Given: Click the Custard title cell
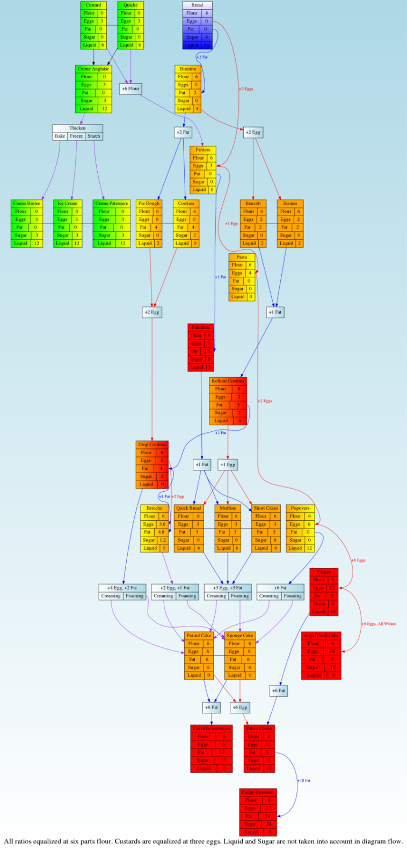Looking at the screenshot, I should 93,5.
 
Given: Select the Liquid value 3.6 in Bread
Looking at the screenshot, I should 206,45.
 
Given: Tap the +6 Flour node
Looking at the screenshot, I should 130,89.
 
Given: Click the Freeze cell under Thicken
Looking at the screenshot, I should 76,136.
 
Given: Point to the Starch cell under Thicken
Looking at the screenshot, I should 93,136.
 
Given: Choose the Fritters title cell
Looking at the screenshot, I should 203,150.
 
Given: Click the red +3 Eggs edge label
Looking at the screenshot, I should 246,89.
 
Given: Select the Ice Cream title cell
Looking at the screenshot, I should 67,203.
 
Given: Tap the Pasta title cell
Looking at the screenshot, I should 242,257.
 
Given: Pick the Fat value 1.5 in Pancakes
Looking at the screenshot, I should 207,351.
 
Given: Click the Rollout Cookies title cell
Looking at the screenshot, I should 228,381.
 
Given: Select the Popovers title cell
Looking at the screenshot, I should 300,508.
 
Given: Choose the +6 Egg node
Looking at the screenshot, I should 239,707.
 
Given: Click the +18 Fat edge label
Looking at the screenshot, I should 304,780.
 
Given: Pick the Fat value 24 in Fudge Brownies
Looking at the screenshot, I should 267,816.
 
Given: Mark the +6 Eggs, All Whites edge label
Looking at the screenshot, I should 379,624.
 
